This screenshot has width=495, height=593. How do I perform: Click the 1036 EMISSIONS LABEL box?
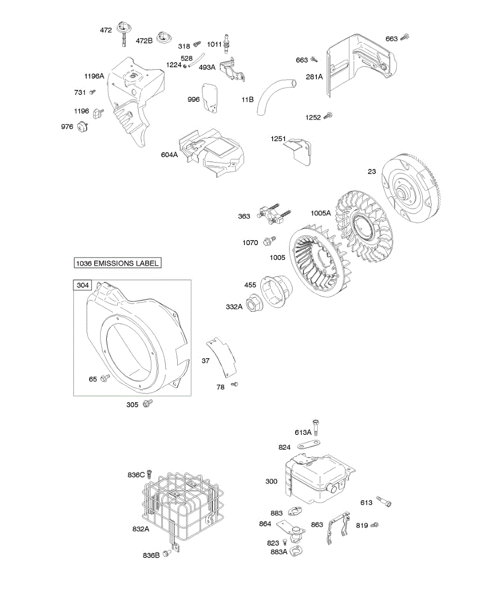(x=118, y=263)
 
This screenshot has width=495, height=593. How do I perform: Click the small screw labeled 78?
(x=235, y=384)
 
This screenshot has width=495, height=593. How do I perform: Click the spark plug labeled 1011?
(x=228, y=43)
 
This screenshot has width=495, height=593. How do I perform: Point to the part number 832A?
(x=141, y=529)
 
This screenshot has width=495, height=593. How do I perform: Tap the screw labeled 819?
(x=375, y=524)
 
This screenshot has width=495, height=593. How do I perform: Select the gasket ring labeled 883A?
(x=296, y=551)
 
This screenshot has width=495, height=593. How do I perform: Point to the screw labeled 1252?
(x=328, y=117)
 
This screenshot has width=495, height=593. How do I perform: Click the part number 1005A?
(x=320, y=213)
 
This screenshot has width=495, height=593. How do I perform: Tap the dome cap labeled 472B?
(x=163, y=37)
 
